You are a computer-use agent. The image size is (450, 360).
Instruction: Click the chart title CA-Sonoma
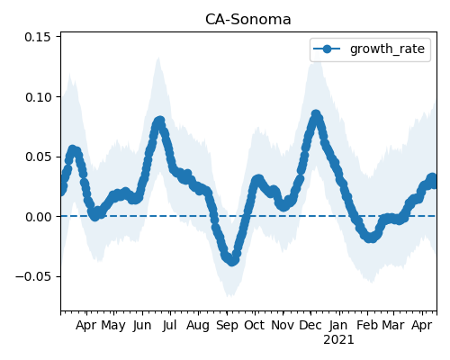click(x=248, y=20)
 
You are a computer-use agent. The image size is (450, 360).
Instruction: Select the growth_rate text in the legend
click(x=387, y=49)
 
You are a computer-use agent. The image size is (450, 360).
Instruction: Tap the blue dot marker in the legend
click(x=327, y=49)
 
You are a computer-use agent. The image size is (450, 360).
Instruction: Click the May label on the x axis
click(x=113, y=326)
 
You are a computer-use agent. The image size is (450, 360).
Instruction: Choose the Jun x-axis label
click(x=142, y=326)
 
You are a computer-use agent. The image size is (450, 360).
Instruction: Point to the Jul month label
click(x=170, y=326)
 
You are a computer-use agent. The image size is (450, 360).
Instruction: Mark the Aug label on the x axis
click(x=198, y=326)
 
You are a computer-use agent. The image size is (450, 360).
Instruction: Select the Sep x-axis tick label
click(x=227, y=326)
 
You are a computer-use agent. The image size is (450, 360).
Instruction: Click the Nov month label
click(x=283, y=325)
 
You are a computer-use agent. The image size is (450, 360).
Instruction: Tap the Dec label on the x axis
click(x=310, y=325)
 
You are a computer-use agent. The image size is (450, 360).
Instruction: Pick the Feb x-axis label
click(x=367, y=325)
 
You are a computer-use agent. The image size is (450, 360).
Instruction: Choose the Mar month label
click(x=393, y=325)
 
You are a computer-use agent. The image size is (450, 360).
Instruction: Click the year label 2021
click(x=338, y=340)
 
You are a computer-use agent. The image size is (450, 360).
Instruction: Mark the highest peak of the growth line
click(x=316, y=114)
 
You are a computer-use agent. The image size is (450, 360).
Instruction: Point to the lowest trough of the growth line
click(x=232, y=261)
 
